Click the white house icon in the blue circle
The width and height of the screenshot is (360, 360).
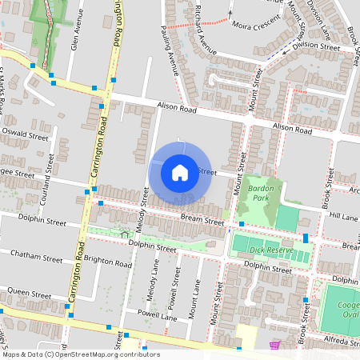[x=180, y=172]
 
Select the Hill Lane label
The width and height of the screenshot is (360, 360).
[x=345, y=216]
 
